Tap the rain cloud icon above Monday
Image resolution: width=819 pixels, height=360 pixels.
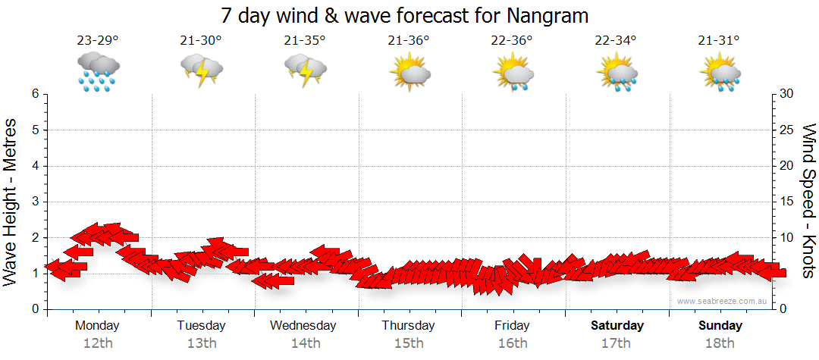click(98, 72)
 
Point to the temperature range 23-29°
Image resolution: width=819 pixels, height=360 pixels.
click(98, 41)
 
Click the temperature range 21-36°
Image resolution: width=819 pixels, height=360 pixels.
click(409, 41)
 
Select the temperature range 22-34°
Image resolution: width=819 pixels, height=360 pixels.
click(616, 41)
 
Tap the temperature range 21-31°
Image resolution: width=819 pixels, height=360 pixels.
click(720, 41)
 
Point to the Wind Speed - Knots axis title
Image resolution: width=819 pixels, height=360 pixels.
click(808, 201)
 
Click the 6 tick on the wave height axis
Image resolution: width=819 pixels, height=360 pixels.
click(34, 94)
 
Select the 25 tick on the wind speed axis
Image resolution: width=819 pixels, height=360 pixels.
click(787, 130)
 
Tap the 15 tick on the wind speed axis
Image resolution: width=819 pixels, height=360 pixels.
click(787, 202)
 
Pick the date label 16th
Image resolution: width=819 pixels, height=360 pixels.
click(513, 343)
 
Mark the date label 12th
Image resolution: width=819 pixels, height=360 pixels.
click(98, 343)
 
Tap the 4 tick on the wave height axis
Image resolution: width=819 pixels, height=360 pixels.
click(34, 166)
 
